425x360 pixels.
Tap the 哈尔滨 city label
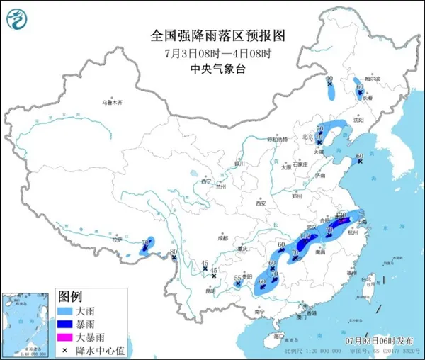point(363,77)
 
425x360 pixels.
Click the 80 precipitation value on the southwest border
point(174,252)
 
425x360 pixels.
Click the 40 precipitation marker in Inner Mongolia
point(329,79)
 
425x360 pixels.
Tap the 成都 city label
point(223,239)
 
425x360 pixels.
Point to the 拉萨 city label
point(107,241)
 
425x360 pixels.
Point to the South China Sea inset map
point(27,323)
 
